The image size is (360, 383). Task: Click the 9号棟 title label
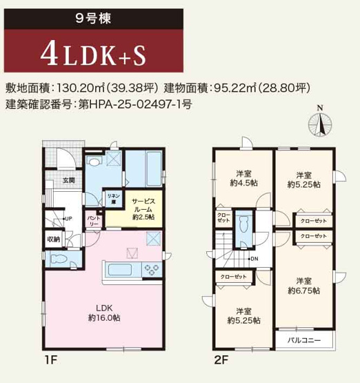pyautogui.click(x=92, y=17)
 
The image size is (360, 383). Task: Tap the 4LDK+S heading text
pyautogui.click(x=92, y=53)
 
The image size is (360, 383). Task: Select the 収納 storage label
pyautogui.click(x=54, y=239)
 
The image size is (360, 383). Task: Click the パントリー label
pyautogui.click(x=93, y=221)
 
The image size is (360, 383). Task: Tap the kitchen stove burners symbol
pyautogui.click(x=152, y=268)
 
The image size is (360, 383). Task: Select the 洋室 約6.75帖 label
pyautogui.click(x=304, y=286)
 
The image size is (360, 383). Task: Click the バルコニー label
pyautogui.click(x=303, y=340)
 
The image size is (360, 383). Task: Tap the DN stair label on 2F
pyautogui.click(x=253, y=259)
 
